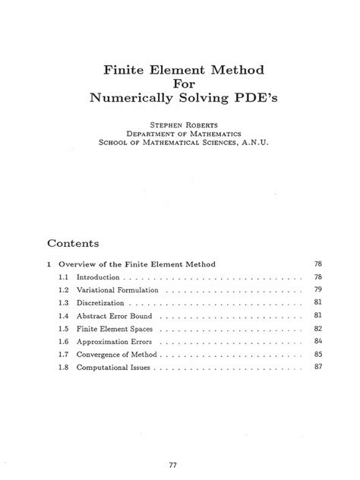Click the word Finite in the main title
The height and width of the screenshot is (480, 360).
127,70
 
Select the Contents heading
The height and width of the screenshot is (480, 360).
74,245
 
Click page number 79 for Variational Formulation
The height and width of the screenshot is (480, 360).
318,291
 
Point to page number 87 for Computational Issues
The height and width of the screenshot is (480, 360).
318,368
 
